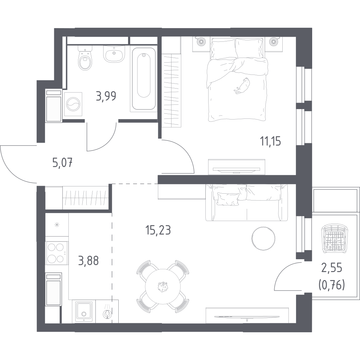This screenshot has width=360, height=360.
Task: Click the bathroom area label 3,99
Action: click(106, 96)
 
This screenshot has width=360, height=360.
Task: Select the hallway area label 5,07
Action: click(63, 163)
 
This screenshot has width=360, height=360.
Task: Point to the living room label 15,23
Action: click(158, 230)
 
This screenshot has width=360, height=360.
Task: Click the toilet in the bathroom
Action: click(85, 58)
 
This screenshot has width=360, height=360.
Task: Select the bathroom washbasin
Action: click(114, 54)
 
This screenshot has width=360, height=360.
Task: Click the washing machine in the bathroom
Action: click(73, 104)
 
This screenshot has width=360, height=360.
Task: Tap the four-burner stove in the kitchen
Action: click(56, 253)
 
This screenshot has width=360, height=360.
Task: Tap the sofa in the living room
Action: click(246, 202)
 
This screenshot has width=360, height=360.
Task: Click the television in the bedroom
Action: click(237, 170)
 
